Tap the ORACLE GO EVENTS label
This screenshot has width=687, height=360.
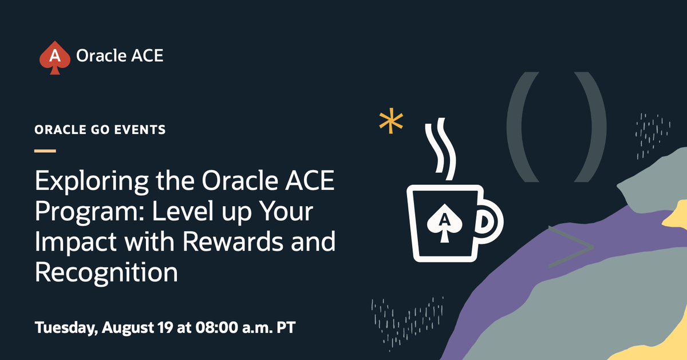pos(100,130)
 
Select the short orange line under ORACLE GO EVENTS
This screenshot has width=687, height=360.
pos(45,151)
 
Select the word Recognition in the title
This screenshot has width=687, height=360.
pos(106,272)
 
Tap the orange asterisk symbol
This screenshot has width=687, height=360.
pos(391,122)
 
